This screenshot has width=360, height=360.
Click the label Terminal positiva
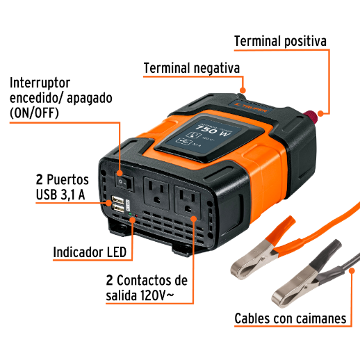coord(280,41)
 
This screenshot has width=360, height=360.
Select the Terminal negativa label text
coord(191,69)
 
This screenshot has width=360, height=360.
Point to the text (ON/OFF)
coord(35,113)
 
